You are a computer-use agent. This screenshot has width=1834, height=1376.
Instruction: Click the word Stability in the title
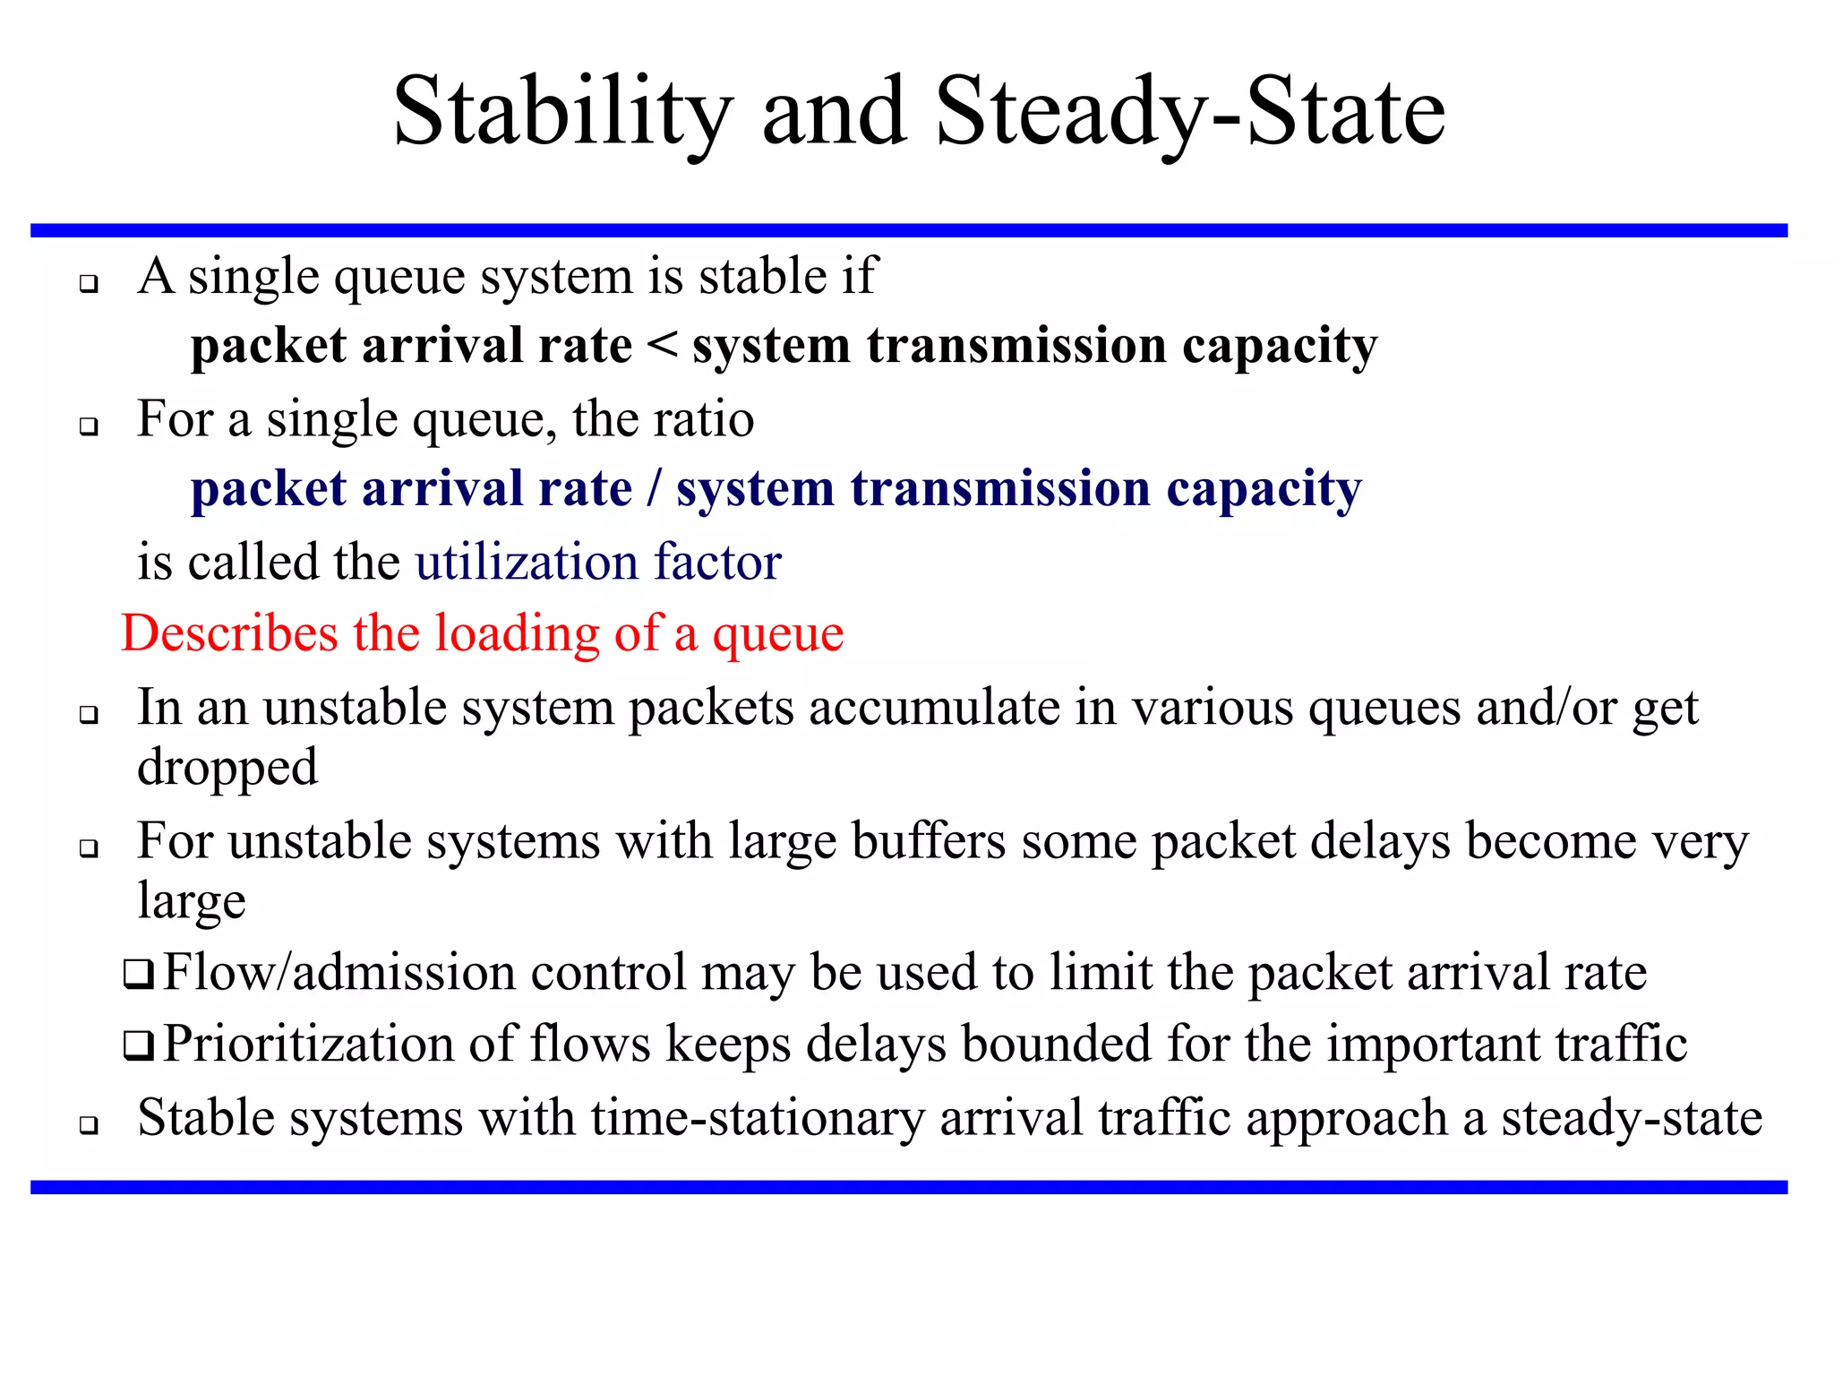[x=562, y=114]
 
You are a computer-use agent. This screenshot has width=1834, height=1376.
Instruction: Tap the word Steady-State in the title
[x=1190, y=114]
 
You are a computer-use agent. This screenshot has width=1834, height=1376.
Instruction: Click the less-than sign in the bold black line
[x=662, y=345]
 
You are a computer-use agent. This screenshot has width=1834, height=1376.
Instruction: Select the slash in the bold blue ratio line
[x=655, y=489]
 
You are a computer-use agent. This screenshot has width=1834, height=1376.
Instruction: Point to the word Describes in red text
[x=229, y=633]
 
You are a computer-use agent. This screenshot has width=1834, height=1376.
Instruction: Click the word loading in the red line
[x=517, y=633]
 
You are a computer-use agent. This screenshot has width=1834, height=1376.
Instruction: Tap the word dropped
[x=227, y=768]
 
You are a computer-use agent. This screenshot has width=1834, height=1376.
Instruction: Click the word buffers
[x=929, y=842]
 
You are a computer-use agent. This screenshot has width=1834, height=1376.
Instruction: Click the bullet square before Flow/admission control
[x=139, y=974]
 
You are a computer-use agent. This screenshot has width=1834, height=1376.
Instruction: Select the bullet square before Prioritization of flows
[x=139, y=1045]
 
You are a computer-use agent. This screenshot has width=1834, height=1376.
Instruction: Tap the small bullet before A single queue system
[x=88, y=285]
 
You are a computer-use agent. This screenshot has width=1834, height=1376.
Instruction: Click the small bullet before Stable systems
[x=88, y=1125]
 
